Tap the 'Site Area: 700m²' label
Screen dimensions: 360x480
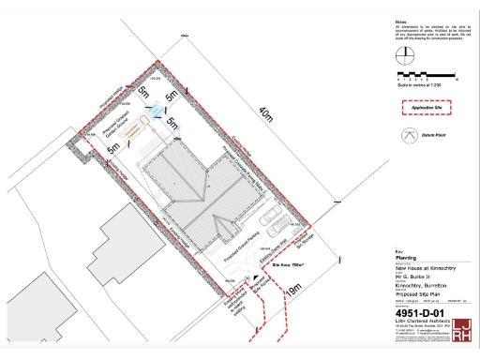coord(289,265)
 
